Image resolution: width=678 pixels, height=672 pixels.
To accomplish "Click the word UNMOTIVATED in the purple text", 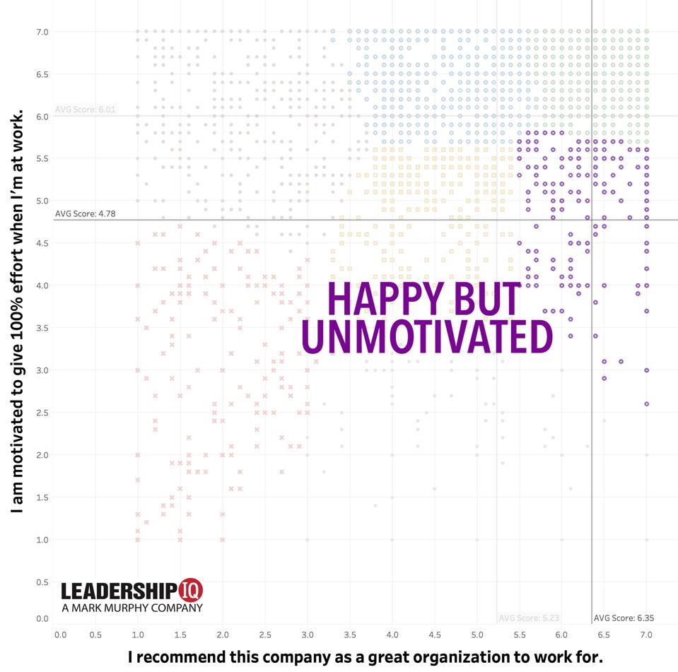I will pyautogui.click(x=426, y=338).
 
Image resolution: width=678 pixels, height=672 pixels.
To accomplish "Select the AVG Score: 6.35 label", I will pyautogui.click(x=623, y=618).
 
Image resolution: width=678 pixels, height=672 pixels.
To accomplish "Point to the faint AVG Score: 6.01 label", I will pyautogui.click(x=85, y=110).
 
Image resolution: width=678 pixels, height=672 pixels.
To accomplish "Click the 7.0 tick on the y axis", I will pyautogui.click(x=42, y=32).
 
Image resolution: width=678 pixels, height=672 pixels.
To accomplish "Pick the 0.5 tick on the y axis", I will pyautogui.click(x=42, y=582).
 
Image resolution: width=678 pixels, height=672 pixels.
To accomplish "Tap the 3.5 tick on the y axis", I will pyautogui.click(x=42, y=328).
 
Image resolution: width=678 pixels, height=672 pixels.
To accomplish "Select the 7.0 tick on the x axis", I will pyautogui.click(x=646, y=635).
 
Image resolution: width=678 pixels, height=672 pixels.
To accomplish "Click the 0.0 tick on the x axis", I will pyautogui.click(x=61, y=635).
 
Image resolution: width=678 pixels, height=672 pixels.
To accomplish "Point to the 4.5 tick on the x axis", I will pyautogui.click(x=435, y=635).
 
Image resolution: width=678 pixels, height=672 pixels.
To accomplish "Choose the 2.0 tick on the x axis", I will pyautogui.click(x=223, y=635).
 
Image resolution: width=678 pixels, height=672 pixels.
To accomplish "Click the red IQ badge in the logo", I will pyautogui.click(x=192, y=591).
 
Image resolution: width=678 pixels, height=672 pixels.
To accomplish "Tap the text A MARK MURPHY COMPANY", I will pyautogui.click(x=132, y=607).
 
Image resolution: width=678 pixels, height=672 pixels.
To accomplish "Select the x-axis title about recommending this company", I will pyautogui.click(x=370, y=656).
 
